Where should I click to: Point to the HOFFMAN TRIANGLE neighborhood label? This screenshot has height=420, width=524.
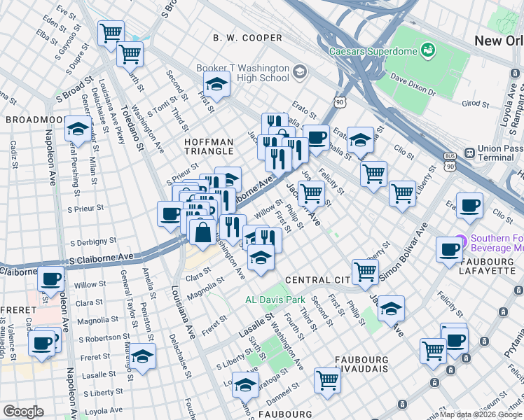209,146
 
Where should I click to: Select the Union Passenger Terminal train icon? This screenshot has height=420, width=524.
467,149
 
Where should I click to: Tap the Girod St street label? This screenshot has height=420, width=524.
475,104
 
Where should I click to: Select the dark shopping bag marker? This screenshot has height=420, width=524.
202,232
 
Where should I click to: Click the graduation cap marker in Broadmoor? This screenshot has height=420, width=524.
78,129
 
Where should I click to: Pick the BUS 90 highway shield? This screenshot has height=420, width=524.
450,162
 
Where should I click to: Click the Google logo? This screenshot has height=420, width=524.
23,412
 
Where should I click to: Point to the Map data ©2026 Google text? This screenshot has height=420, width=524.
481,414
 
